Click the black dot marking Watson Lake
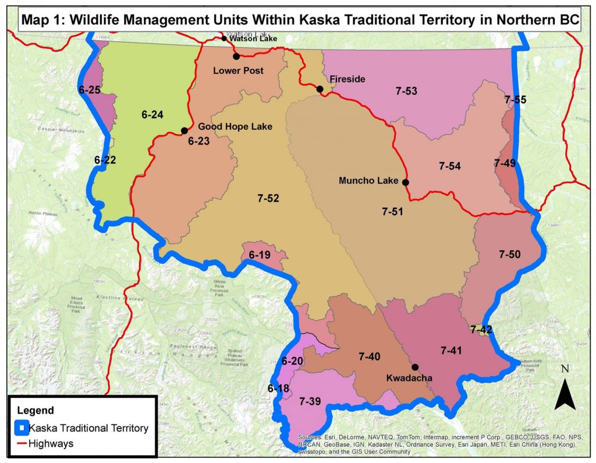[x=224, y=38]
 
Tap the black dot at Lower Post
[x=236, y=56]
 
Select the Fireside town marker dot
[x=320, y=89]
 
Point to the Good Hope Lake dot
[x=184, y=130]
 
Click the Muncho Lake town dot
[x=406, y=182]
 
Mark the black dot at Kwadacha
[x=416, y=367]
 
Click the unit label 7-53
[x=406, y=91]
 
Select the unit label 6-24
[x=152, y=115]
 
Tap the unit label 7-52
[x=268, y=199]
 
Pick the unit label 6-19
[x=260, y=255]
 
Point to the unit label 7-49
[x=505, y=163]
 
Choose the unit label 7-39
[x=310, y=401]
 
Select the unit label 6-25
[x=90, y=90]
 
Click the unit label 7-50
[x=510, y=254]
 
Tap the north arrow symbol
[x=565, y=394]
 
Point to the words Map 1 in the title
[x=42, y=19]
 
